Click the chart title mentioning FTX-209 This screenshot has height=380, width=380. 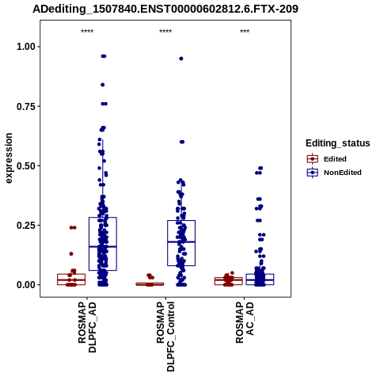click(x=165, y=9)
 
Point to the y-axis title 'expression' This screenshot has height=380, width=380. click(x=9, y=158)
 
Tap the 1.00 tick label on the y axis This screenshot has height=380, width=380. click(x=26, y=47)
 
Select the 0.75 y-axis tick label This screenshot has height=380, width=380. click(x=26, y=106)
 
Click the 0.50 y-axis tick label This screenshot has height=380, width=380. click(x=26, y=166)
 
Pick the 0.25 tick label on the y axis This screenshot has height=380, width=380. click(x=26, y=226)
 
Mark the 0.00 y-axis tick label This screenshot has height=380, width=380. click(x=26, y=285)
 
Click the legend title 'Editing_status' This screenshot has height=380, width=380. click(x=338, y=143)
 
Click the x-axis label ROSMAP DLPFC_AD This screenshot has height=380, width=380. click(x=87, y=327)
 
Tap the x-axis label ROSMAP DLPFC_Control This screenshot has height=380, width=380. click(x=165, y=336)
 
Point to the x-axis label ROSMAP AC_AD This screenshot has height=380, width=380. click(x=245, y=322)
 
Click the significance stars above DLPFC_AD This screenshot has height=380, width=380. click(x=87, y=32)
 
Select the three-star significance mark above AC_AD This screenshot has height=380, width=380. click(x=245, y=32)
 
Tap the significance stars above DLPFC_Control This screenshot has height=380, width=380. click(x=165, y=32)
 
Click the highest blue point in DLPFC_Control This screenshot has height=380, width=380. click(x=181, y=59)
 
